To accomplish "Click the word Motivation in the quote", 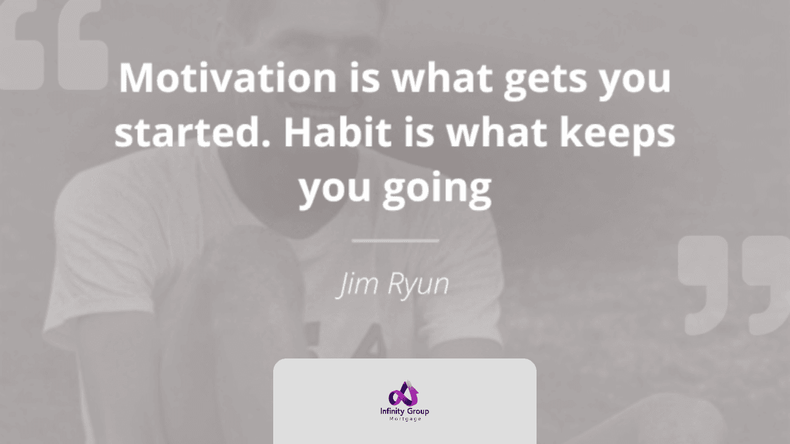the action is (x=228, y=78).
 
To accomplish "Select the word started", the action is (x=192, y=132).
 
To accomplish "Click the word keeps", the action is (x=618, y=135).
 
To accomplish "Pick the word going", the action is (x=437, y=189).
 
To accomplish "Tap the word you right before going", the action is (x=334, y=192).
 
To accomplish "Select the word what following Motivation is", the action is (x=442, y=78).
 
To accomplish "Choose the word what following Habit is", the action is (x=497, y=132).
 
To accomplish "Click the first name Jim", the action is (x=358, y=284).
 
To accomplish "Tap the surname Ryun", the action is (x=418, y=285).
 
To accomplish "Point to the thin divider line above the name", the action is (x=396, y=241).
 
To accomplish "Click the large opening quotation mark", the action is (x=53, y=46).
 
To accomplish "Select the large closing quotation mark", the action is (x=733, y=285).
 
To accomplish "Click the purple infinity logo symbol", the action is (x=404, y=393).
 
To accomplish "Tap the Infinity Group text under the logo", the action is (x=404, y=411).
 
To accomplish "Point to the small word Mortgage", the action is (x=406, y=419).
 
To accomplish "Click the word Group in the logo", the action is (x=417, y=411).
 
